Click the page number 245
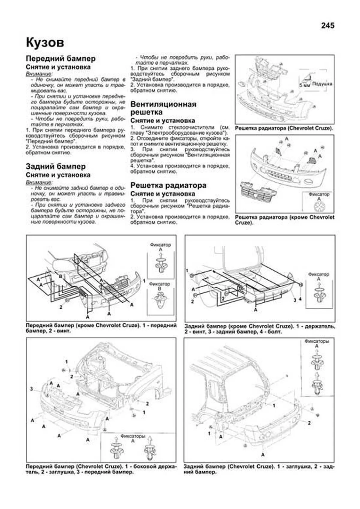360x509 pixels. pyautogui.click(x=328, y=25)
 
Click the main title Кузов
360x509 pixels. pyautogui.click(x=45, y=42)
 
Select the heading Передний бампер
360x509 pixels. pyautogui.click(x=61, y=58)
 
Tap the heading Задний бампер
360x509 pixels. pyautogui.click(x=56, y=166)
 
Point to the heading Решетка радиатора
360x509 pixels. pyautogui.click(x=168, y=185)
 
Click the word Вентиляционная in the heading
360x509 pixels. pyautogui.click(x=163, y=104)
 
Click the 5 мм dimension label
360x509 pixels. pyautogui.click(x=304, y=85)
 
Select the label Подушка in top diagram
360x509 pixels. pyautogui.click(x=322, y=84)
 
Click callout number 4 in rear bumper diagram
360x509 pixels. pyautogui.click(x=300, y=299)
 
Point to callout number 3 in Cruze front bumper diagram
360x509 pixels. pyautogui.click(x=31, y=389)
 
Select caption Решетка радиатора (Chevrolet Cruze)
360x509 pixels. pyautogui.click(x=284, y=128)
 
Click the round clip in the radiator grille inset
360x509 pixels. pyautogui.click(x=319, y=207)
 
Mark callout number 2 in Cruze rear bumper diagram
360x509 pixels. pyautogui.click(x=309, y=423)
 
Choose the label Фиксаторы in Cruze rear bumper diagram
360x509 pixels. pyautogui.click(x=317, y=341)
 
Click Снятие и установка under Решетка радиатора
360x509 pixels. pyautogui.click(x=163, y=194)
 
